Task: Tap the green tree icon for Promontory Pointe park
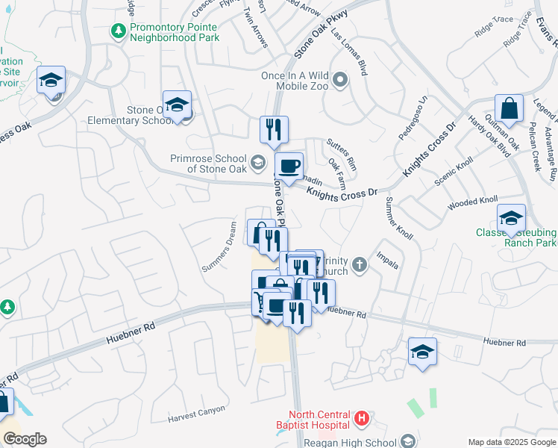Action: pyautogui.click(x=118, y=31)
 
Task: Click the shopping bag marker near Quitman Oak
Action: pyautogui.click(x=509, y=109)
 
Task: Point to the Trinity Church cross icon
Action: pyautogui.click(x=360, y=264)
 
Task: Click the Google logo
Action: pyautogui.click(x=24, y=439)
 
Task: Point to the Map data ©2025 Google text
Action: pyautogui.click(x=511, y=442)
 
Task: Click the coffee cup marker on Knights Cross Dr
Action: pyautogui.click(x=289, y=166)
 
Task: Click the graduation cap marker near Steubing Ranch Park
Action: pyautogui.click(x=511, y=218)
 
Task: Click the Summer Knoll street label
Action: pyautogui.click(x=394, y=216)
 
